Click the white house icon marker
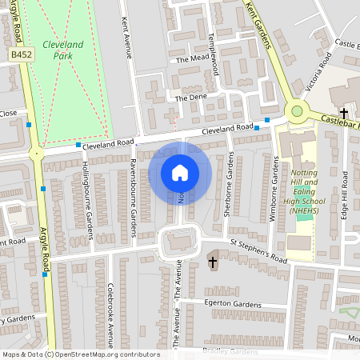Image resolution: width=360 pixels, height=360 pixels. click(x=180, y=172)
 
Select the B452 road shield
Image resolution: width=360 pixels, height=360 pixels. click(x=21, y=53)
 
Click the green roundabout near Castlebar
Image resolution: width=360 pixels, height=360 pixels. click(x=298, y=111)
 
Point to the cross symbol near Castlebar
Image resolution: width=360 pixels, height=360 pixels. click(x=344, y=113)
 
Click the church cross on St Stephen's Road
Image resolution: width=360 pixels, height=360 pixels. click(x=213, y=261)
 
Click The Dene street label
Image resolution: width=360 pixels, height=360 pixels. click(x=190, y=98)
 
